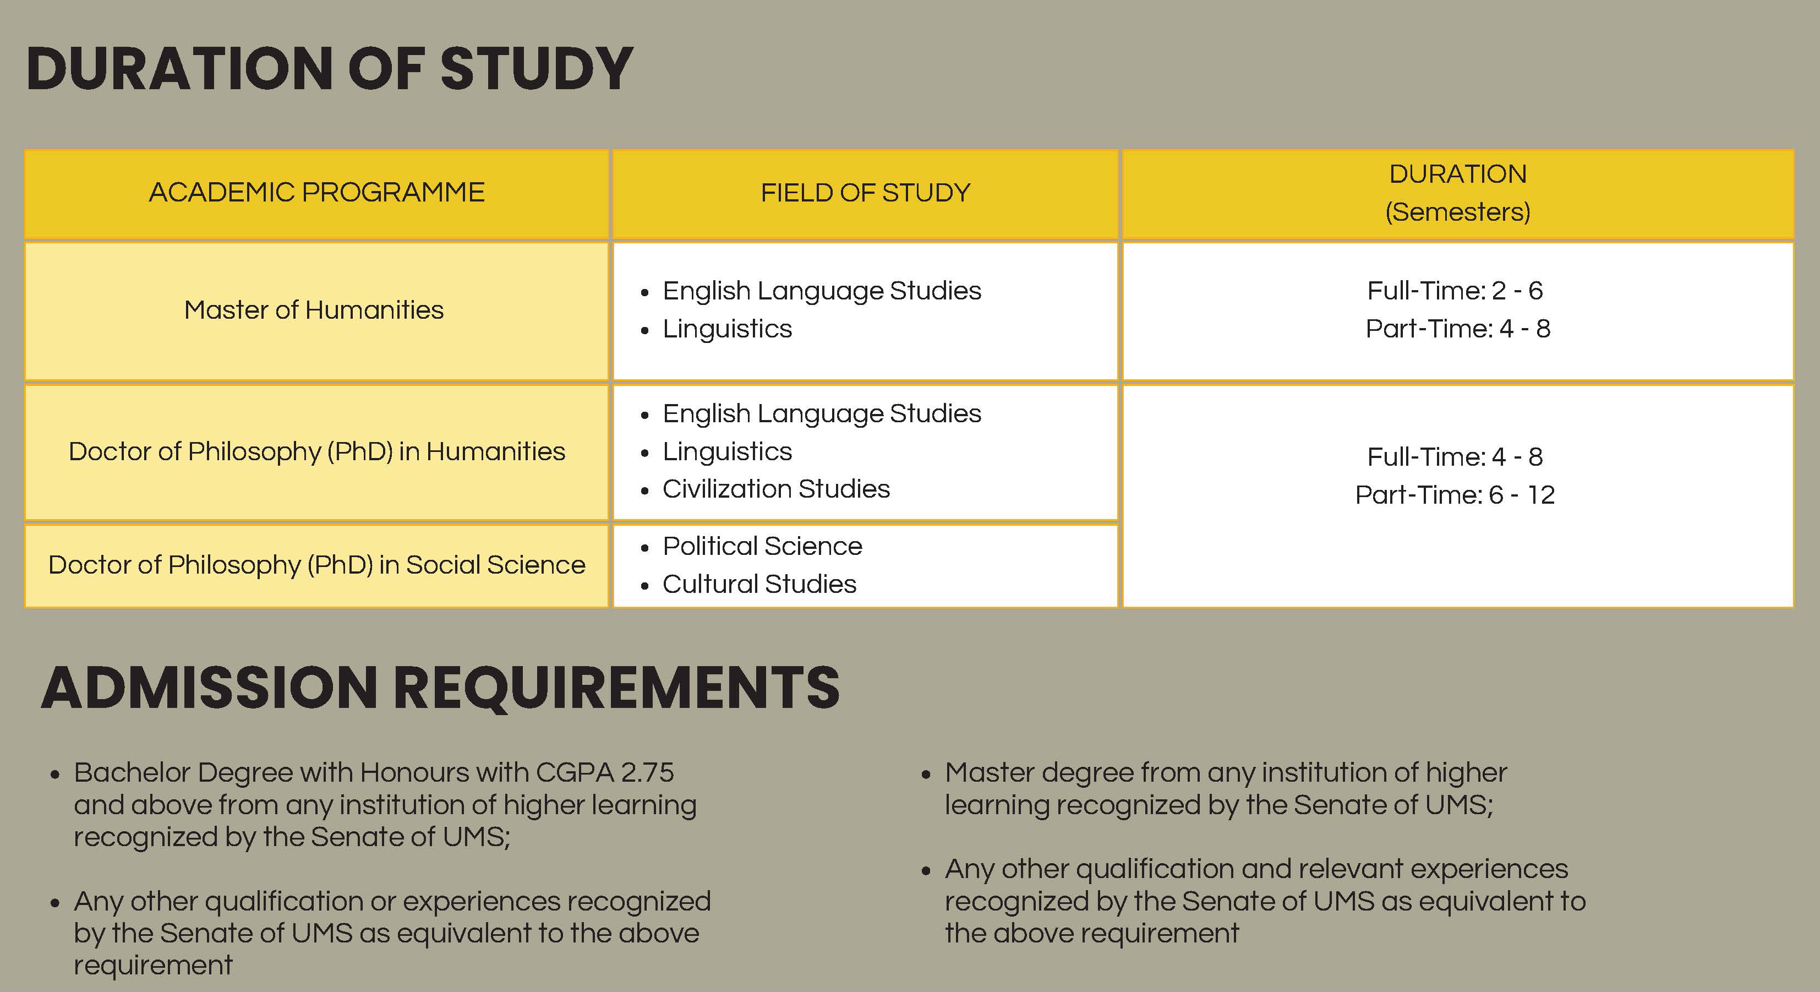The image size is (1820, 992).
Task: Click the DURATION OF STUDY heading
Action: (329, 69)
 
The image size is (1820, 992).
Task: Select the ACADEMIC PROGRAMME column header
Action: (316, 192)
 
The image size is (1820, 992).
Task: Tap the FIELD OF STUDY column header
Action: (866, 192)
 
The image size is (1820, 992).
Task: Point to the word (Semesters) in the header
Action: (1457, 212)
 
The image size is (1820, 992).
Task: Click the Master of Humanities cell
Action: (314, 310)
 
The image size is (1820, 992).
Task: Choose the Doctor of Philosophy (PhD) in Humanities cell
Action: (316, 451)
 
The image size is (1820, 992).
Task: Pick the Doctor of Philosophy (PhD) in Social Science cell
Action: (316, 564)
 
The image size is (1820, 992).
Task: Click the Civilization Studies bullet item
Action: (776, 489)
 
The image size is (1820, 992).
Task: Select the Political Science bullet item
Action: (762, 546)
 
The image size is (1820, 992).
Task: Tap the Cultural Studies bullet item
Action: (759, 584)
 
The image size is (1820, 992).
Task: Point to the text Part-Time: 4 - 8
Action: (1457, 329)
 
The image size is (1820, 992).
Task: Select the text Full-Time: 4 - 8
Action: (1455, 457)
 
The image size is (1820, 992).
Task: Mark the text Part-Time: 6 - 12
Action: (1455, 494)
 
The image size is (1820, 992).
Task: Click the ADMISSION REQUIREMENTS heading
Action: (440, 688)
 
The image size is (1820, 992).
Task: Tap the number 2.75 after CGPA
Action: (647, 773)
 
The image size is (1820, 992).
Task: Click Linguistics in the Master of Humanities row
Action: (727, 329)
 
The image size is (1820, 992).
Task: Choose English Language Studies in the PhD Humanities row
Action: (822, 413)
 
